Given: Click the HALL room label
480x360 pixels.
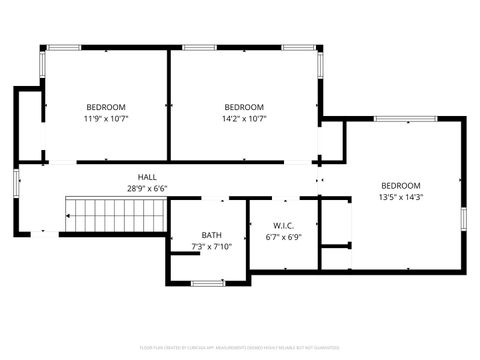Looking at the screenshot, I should [x=147, y=176].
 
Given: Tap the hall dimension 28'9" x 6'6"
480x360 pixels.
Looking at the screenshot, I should [x=147, y=188].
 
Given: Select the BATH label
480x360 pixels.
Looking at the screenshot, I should [x=211, y=235].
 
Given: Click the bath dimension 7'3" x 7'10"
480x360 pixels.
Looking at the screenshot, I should [x=211, y=247].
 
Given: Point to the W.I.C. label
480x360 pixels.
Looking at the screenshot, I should [x=283, y=225].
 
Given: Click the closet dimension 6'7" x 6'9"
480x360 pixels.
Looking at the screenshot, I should [x=283, y=237].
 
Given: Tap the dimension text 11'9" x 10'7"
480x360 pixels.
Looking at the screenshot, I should [x=106, y=119].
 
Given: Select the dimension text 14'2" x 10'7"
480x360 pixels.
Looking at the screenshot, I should [x=244, y=119].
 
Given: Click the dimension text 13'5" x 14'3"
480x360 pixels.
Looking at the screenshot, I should [x=401, y=197].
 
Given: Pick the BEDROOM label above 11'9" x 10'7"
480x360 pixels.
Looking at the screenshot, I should [x=106, y=107].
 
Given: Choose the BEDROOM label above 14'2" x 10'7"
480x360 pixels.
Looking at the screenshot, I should [x=244, y=107].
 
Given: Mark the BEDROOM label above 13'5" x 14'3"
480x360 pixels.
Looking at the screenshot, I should [x=401, y=185].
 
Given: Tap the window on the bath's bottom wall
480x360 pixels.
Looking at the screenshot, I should [x=208, y=284].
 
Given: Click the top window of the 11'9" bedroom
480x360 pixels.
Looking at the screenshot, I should [x=66, y=47].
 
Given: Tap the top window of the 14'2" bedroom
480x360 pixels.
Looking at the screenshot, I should [x=198, y=47].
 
